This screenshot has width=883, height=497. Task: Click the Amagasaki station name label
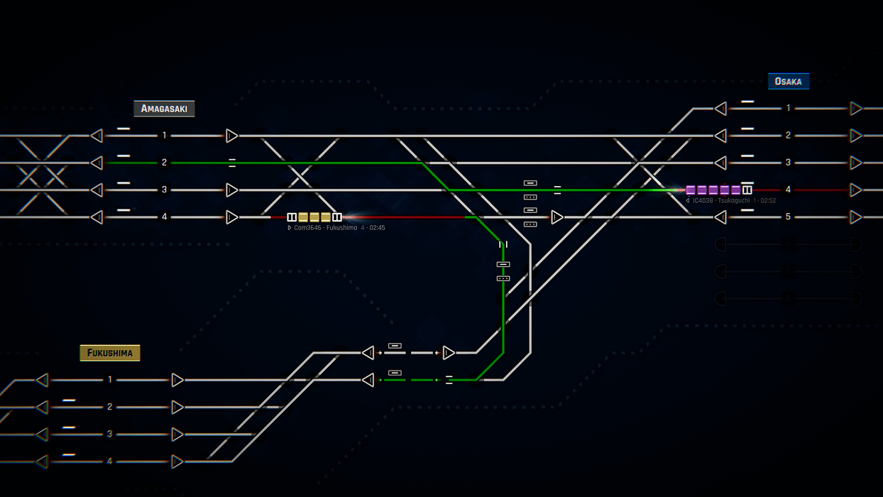[x=164, y=109]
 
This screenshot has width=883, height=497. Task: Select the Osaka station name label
[x=788, y=82]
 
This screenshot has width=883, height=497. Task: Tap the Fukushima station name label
[x=109, y=353]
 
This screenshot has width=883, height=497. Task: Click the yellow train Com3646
[x=314, y=217]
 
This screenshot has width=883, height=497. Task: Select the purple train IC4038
[x=718, y=190]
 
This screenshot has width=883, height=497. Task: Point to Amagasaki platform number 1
[x=164, y=136]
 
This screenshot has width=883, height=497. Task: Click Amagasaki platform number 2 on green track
[x=164, y=163]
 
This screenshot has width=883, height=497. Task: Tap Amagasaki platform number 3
[x=164, y=190]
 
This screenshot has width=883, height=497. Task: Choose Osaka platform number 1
[x=788, y=109]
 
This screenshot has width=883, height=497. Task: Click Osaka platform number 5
[x=788, y=217]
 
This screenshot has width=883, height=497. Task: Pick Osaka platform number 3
[x=788, y=163]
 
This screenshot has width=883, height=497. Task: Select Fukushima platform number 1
[x=109, y=380]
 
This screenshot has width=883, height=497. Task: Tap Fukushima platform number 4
[x=109, y=461]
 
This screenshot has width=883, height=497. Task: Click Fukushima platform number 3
[x=109, y=434]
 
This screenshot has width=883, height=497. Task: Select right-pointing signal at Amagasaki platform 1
[x=231, y=136]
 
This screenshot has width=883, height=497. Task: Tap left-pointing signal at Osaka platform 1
[x=720, y=109]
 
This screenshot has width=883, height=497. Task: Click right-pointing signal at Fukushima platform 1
[x=177, y=380]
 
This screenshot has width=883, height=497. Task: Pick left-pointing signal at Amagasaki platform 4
[x=97, y=217]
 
